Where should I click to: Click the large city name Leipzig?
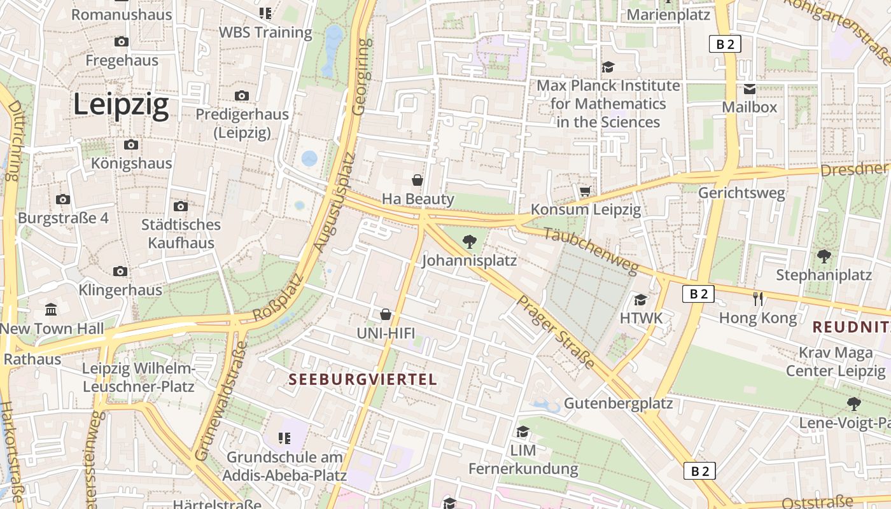(x=121, y=104)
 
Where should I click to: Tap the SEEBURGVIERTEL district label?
(x=363, y=380)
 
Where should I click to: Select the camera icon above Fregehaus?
(x=122, y=42)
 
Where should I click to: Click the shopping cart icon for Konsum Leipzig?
(x=585, y=190)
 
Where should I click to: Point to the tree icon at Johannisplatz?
(x=470, y=241)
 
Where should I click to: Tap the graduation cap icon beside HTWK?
(x=640, y=299)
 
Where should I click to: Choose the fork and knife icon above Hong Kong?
(x=757, y=298)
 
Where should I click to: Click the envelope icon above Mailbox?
(x=750, y=88)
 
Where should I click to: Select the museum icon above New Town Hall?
(x=51, y=310)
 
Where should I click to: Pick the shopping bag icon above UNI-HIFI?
(x=386, y=314)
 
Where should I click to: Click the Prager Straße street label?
(x=556, y=331)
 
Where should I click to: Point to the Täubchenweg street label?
(x=591, y=252)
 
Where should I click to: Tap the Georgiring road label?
(x=361, y=76)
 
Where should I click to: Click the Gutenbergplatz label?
(x=618, y=403)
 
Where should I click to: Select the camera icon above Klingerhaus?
(x=120, y=272)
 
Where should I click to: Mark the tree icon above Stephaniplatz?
(x=824, y=256)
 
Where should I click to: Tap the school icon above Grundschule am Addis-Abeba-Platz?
(x=284, y=438)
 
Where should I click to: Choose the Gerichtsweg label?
(x=741, y=193)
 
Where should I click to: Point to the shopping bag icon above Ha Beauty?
(x=417, y=180)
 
